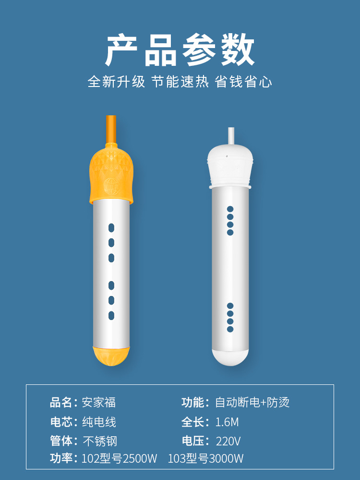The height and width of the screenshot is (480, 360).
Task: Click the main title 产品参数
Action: coord(180,50)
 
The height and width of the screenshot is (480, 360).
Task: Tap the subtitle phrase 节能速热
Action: coord(180,82)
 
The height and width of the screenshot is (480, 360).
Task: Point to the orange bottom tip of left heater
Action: coord(111,356)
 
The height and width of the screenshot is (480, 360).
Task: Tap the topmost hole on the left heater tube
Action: coord(111,228)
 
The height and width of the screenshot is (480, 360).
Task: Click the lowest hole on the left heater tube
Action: coord(111,316)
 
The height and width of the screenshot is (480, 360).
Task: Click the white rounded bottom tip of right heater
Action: coord(230,357)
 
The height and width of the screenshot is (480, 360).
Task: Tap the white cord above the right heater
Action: coord(231,135)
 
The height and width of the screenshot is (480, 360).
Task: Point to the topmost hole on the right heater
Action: coord(230,209)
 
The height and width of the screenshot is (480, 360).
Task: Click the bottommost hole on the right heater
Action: coord(230,329)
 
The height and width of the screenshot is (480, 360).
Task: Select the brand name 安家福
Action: coord(99,402)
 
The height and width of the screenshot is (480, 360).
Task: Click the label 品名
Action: coord(61,402)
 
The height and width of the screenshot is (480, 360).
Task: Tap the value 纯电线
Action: coord(99,422)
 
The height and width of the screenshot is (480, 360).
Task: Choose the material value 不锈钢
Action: coord(100,441)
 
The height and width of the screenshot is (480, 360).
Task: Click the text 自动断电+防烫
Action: coord(252,402)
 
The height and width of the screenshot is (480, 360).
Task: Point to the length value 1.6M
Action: coord(227,422)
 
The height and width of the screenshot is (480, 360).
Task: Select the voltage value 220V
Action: coord(228,441)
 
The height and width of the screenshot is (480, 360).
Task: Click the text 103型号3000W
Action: coord(205,458)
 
